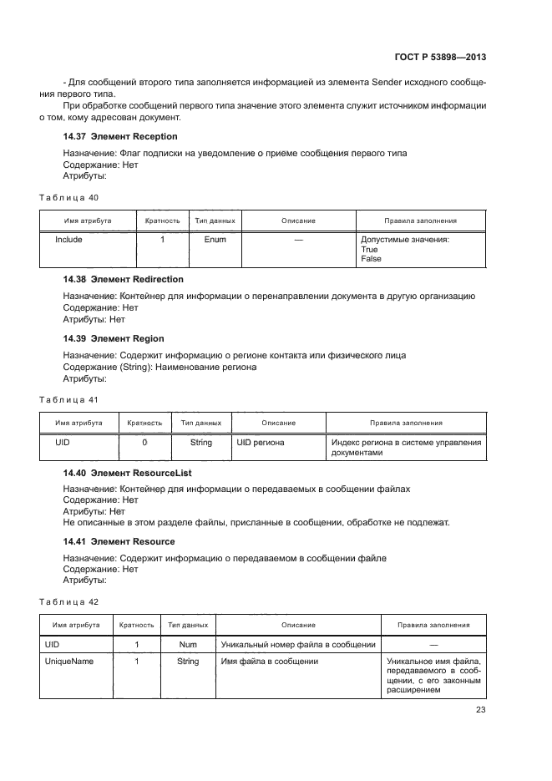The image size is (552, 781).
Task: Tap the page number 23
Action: point(480,710)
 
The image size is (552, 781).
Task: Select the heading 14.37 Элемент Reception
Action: point(120,136)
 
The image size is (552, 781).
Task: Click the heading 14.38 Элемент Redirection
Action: point(124,279)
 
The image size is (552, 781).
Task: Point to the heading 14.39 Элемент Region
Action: point(114,338)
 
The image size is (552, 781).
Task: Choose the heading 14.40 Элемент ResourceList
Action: point(128,473)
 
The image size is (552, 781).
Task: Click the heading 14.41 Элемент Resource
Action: point(119,542)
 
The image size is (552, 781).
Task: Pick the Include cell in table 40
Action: point(68,240)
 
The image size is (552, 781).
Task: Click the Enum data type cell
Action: point(215,240)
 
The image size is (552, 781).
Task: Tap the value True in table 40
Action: point(369,250)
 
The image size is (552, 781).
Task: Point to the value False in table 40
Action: point(371,259)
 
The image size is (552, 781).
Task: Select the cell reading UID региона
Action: point(261,442)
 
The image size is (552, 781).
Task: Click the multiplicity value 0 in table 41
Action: point(144,442)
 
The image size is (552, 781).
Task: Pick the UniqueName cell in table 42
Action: point(68,661)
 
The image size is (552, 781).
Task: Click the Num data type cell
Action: point(188,645)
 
